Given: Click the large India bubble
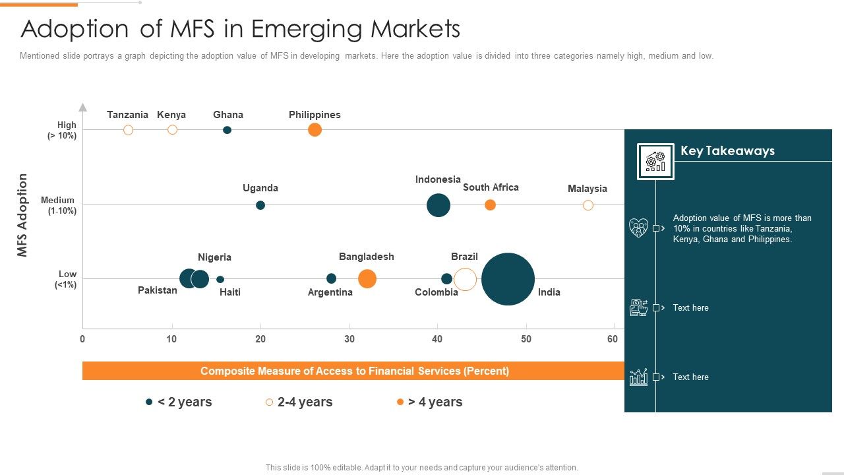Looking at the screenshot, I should click(508, 279).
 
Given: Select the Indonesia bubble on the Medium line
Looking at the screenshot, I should click(438, 205).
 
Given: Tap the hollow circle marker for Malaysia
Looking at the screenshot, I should click(588, 205).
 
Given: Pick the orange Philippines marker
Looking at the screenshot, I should click(315, 130).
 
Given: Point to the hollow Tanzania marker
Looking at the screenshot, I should click(128, 130).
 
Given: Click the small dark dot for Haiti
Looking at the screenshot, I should click(220, 279).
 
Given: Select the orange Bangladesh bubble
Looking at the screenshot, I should click(367, 279).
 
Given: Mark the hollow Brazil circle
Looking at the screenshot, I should click(465, 279).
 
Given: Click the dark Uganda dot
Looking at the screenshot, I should click(260, 205).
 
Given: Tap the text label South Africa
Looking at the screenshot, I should click(491, 187).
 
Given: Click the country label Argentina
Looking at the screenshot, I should click(330, 292).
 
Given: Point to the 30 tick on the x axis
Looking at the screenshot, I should click(349, 339).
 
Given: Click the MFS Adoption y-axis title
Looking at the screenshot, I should click(22, 215).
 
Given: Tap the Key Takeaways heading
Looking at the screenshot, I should click(727, 151).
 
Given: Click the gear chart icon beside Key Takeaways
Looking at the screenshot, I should click(655, 161).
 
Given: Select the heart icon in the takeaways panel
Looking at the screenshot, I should click(638, 228).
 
